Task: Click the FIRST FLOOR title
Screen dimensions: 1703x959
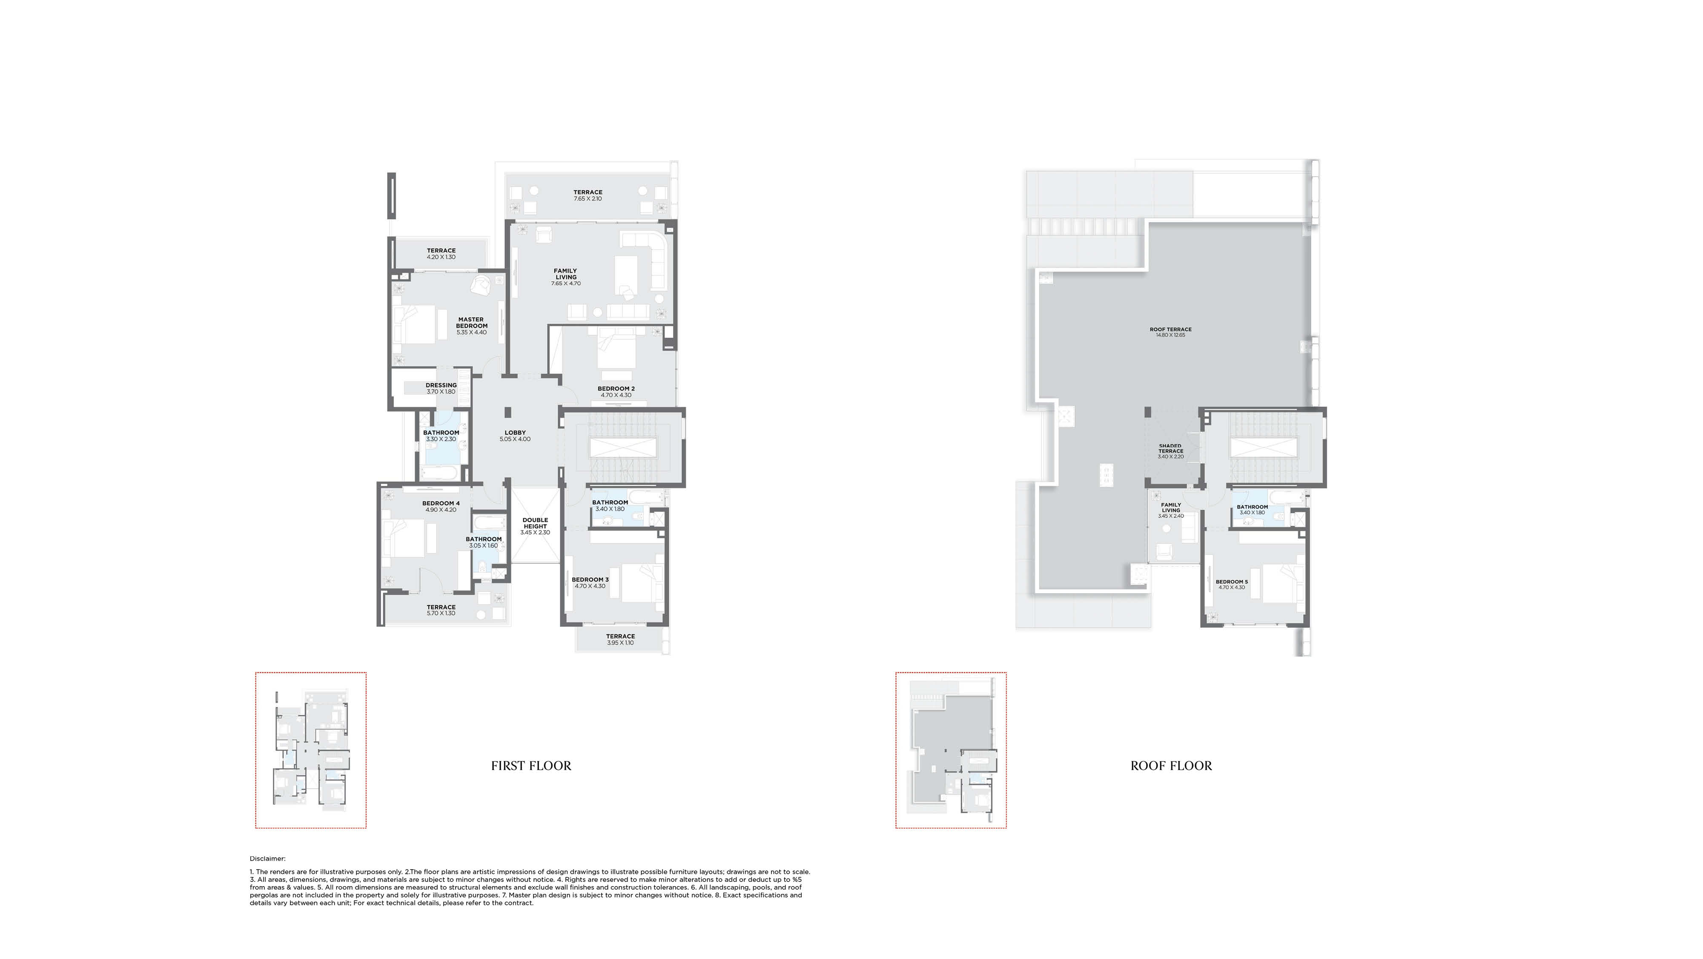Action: coord(531,766)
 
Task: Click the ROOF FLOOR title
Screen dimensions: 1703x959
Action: coord(1171,766)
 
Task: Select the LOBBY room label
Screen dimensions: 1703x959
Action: coord(515,433)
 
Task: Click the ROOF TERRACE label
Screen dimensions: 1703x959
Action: coord(1170,329)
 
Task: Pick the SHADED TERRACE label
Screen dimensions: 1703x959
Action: coord(1170,448)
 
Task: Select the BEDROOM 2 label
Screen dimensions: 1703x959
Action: coord(616,389)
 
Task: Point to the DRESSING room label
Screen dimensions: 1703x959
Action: coord(441,385)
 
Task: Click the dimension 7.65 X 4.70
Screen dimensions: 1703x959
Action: coord(566,284)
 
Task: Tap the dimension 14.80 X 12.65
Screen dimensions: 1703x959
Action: coord(1170,335)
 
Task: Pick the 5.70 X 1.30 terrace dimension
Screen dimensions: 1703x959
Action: coord(441,613)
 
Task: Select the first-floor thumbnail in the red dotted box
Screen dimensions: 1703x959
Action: coord(311,750)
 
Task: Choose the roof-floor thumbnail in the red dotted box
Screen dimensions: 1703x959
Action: coord(951,750)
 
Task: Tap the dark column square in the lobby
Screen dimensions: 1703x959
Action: coord(508,412)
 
